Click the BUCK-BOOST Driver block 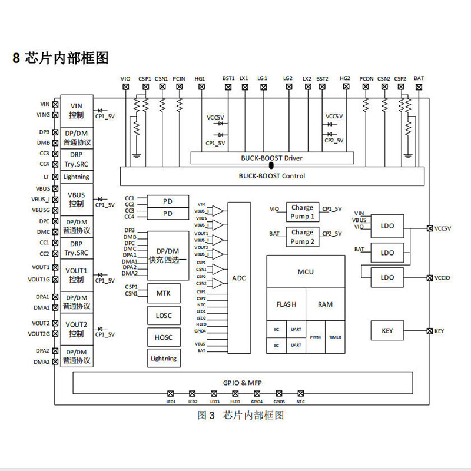click(x=272, y=158)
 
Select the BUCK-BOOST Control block click(x=272, y=175)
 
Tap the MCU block click(x=306, y=271)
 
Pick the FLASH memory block click(x=286, y=304)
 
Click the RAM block click(x=325, y=304)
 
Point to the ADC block click(x=239, y=278)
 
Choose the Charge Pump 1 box click(x=303, y=211)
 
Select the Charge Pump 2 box click(x=303, y=237)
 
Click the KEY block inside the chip click(x=387, y=331)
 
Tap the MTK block click(x=164, y=293)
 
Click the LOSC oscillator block click(x=164, y=316)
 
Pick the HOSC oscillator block click(x=164, y=337)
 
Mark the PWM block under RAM click(x=315, y=337)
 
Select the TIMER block click(x=334, y=337)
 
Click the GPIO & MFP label click(x=243, y=383)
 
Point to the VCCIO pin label click(x=443, y=278)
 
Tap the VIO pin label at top click(x=125, y=78)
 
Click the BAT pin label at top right click(x=419, y=78)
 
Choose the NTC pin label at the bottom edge click(x=301, y=402)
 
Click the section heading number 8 click(x=16, y=58)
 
